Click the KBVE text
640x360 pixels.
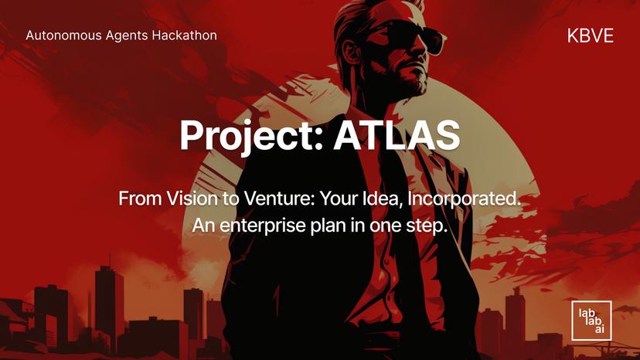pyautogui.click(x=590, y=36)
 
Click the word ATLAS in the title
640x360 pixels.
pyautogui.click(x=397, y=134)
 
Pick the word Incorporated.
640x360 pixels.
pyautogui.click(x=468, y=199)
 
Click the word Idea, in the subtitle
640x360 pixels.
pyautogui.click(x=385, y=199)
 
